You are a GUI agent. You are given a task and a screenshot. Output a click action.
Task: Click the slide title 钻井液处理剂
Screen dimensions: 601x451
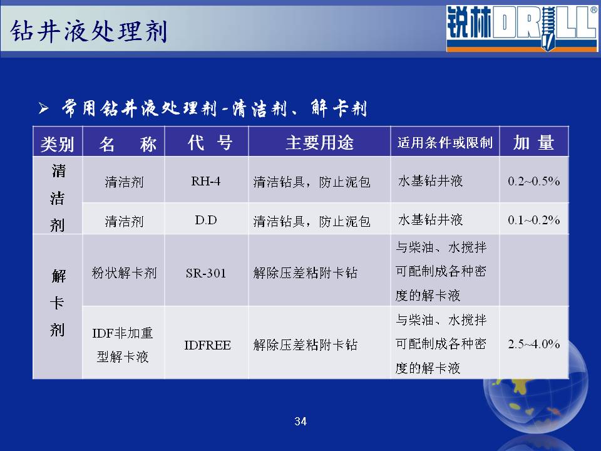(89, 31)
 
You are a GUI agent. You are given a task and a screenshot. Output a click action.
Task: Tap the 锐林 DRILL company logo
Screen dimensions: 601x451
(521, 28)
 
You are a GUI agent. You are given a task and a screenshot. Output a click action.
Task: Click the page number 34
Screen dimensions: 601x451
(300, 422)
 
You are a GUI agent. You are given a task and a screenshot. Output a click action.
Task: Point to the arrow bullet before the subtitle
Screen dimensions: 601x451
(44, 108)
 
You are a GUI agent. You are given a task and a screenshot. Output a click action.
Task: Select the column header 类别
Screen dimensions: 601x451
(58, 144)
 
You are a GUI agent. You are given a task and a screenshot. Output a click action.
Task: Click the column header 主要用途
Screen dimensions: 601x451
(320, 143)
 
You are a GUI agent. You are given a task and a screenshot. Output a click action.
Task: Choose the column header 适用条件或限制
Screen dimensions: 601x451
(445, 143)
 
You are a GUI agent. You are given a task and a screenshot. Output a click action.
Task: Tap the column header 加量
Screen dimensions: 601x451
(533, 143)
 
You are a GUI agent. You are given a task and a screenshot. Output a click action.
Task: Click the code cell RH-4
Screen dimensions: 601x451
(206, 181)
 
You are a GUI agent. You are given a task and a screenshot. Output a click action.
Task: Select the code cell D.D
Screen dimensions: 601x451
(206, 220)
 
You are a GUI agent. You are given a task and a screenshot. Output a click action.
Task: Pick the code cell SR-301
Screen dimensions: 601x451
(206, 273)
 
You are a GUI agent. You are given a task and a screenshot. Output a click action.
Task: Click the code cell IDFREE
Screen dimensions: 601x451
(207, 345)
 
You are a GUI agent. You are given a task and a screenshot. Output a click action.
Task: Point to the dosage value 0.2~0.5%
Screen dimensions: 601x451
(533, 181)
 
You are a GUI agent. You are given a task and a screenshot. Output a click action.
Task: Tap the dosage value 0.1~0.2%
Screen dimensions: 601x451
(533, 220)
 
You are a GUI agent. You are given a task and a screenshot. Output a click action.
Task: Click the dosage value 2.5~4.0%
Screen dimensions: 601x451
(533, 344)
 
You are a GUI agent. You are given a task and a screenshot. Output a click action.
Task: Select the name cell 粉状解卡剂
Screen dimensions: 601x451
(124, 273)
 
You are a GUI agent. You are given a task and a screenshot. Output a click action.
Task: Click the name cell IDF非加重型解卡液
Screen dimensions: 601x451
(123, 345)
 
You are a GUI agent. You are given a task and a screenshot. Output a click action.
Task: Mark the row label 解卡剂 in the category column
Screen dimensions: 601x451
(58, 303)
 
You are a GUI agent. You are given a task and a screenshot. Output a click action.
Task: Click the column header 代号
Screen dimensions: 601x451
(210, 143)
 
